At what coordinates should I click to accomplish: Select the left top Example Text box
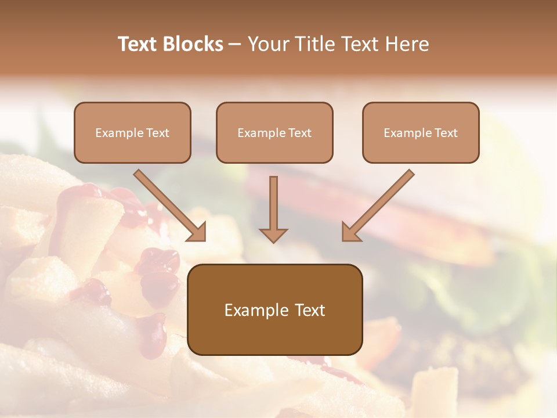(132, 132)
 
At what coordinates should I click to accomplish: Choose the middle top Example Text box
(274, 132)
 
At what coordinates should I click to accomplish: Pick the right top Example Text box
(421, 132)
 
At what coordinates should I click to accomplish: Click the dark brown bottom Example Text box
(274, 309)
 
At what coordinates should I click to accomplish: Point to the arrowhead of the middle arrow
(273, 235)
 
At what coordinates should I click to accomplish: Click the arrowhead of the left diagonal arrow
(197, 232)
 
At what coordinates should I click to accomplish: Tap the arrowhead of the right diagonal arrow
(350, 232)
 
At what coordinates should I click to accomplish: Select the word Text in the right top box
(446, 133)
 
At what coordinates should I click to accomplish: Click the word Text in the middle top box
(299, 133)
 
